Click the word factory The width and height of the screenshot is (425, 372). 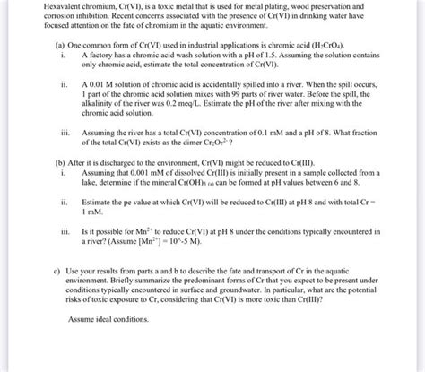(x=100, y=54)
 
